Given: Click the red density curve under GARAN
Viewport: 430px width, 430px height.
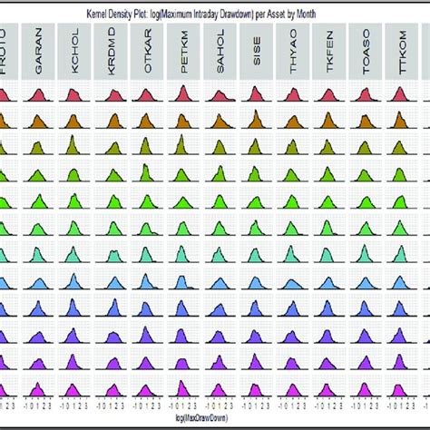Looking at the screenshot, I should coord(37,97).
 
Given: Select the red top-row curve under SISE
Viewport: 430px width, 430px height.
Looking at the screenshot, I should coord(258,97).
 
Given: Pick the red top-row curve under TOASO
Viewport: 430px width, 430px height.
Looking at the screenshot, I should coord(367,97).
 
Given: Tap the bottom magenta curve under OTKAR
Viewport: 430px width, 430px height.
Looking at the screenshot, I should coord(148,392).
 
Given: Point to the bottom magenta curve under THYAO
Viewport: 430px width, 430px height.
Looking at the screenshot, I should coord(294,392).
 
